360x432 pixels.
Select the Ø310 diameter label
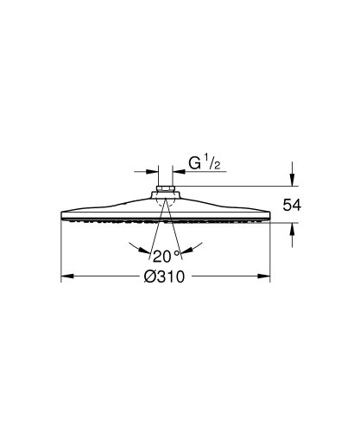[x=167, y=276]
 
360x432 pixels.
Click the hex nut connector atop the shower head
[x=166, y=191]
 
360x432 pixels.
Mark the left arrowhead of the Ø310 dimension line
[x=66, y=277]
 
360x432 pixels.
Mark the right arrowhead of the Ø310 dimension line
[x=266, y=277]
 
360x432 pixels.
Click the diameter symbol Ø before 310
[x=150, y=276]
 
